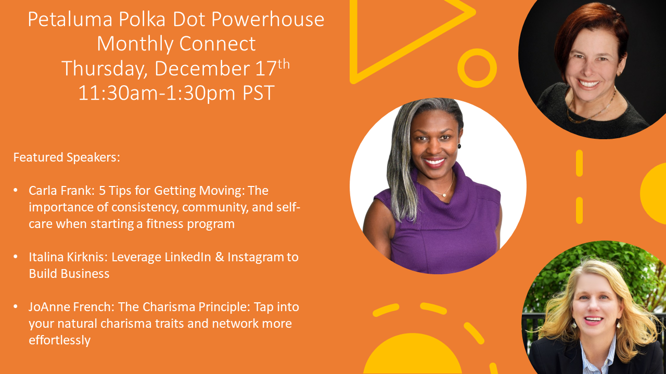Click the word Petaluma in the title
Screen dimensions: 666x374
click(70, 20)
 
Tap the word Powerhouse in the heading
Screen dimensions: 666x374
click(267, 20)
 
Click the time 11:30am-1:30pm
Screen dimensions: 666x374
click(157, 93)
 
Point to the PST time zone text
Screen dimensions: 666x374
click(259, 93)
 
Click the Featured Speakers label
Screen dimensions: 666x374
click(67, 157)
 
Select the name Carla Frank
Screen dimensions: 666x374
click(61, 191)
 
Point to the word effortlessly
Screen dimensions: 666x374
click(59, 340)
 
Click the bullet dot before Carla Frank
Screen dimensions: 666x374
click(16, 190)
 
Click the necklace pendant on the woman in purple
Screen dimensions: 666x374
click(444, 195)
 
